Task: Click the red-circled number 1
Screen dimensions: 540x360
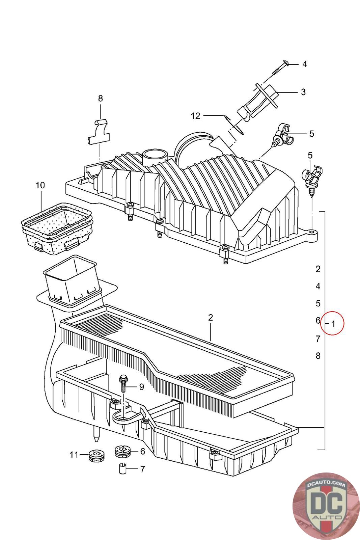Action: click(332, 324)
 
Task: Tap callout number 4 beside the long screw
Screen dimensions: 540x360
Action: click(304, 64)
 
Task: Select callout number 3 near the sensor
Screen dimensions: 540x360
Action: click(303, 92)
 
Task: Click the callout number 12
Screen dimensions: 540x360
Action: click(195, 116)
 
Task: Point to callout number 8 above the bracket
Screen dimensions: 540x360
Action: click(100, 99)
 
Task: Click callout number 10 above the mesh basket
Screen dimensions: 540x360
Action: click(40, 185)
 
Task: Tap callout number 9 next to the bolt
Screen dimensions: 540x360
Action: click(141, 387)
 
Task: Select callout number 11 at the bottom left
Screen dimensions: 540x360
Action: click(74, 455)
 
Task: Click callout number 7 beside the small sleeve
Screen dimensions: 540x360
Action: click(142, 469)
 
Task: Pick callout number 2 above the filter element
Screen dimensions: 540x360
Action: click(210, 318)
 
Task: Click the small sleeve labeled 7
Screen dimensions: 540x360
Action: click(123, 469)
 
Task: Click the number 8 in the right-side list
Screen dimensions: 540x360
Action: click(318, 356)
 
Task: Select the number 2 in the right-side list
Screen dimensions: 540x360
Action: click(318, 269)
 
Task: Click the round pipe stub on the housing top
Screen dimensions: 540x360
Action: click(155, 157)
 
